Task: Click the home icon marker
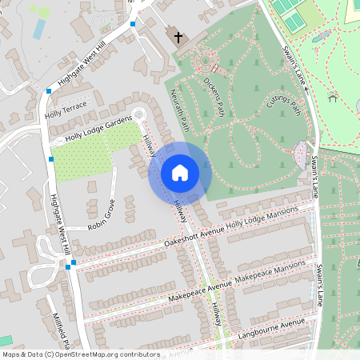180,172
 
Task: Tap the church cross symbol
176,37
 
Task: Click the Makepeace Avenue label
200,292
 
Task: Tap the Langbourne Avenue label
272,327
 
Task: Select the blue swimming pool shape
39,28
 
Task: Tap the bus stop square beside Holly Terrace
49,92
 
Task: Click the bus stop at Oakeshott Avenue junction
74,262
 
